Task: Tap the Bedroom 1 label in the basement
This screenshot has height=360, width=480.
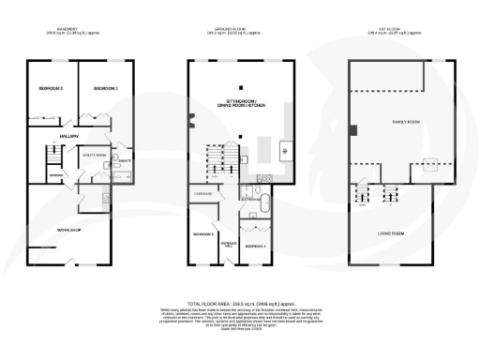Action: (106, 88)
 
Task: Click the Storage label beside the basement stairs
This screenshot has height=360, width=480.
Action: (56, 174)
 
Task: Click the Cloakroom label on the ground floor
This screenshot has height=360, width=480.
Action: (202, 193)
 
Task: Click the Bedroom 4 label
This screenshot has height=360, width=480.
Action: (255, 245)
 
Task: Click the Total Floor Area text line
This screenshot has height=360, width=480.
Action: (241, 304)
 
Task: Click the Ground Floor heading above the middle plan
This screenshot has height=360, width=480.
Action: (241, 29)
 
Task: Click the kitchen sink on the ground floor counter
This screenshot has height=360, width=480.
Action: (287, 150)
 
